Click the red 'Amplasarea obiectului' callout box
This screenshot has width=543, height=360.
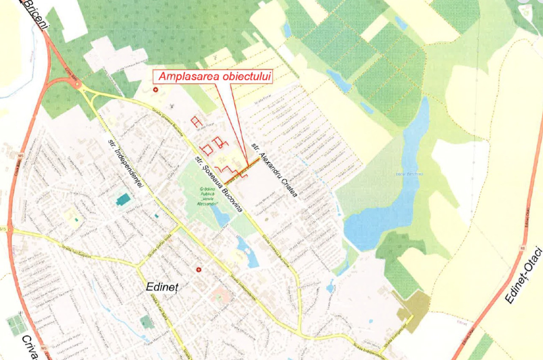click(215, 76)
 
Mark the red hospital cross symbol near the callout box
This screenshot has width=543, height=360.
click(155, 90)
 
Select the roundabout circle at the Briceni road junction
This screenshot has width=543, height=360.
click(78, 85)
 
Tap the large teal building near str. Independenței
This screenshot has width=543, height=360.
click(123, 199)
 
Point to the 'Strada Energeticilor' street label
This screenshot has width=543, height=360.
click(392, 341)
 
